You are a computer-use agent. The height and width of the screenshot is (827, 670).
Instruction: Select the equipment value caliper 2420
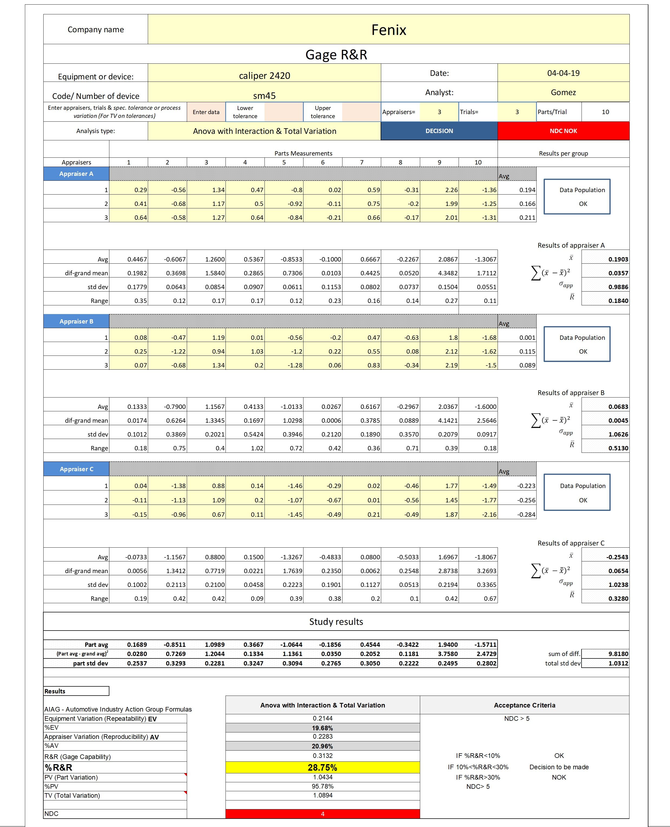tap(264, 75)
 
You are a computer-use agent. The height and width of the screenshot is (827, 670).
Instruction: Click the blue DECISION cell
tap(439, 131)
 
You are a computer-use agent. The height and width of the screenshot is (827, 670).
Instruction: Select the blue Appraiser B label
tap(76, 321)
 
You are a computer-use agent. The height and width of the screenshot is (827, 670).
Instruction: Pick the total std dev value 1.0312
tap(618, 663)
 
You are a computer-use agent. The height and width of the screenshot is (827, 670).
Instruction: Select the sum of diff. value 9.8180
tap(618, 654)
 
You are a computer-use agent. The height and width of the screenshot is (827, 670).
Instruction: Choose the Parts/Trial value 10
tap(605, 112)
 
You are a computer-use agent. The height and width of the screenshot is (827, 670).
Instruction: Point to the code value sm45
tap(264, 95)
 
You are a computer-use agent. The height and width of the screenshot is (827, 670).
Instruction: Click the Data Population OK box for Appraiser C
tap(577, 493)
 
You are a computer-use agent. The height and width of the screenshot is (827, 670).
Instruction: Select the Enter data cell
tap(206, 112)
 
